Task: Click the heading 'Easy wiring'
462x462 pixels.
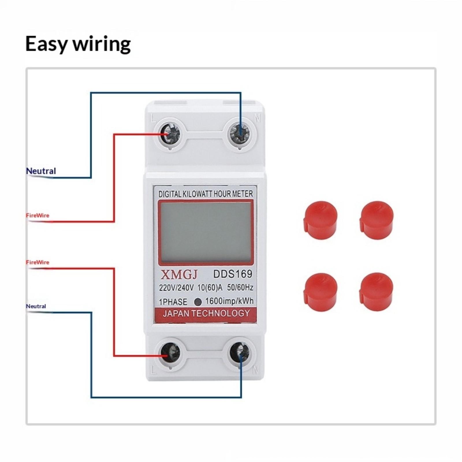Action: pyautogui.click(x=78, y=44)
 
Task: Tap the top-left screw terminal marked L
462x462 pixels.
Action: pyautogui.click(x=170, y=134)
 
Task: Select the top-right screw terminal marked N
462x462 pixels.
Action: pyautogui.click(x=240, y=134)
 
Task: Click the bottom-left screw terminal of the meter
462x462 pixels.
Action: pyautogui.click(x=170, y=353)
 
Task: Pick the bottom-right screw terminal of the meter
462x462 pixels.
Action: pyautogui.click(x=239, y=353)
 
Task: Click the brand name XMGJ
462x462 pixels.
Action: pyautogui.click(x=179, y=275)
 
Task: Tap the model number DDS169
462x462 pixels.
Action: pyautogui.click(x=233, y=274)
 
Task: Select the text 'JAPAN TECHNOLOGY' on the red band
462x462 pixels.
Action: pyautogui.click(x=206, y=313)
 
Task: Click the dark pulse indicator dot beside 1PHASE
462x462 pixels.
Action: pyautogui.click(x=198, y=302)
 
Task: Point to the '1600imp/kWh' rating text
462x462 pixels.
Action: pyautogui.click(x=229, y=301)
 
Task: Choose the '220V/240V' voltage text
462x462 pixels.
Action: pyautogui.click(x=176, y=288)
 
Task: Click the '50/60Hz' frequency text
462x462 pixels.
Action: pyautogui.click(x=240, y=288)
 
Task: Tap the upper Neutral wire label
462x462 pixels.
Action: pyautogui.click(x=41, y=171)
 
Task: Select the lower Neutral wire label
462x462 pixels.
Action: pyautogui.click(x=36, y=306)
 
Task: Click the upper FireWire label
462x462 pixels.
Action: pyautogui.click(x=38, y=215)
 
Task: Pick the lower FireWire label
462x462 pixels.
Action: pyautogui.click(x=38, y=262)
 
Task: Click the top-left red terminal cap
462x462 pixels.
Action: pyautogui.click(x=320, y=220)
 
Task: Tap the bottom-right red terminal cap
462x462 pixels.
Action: pyautogui.click(x=376, y=291)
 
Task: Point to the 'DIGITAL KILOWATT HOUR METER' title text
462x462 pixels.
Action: pyautogui.click(x=206, y=194)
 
